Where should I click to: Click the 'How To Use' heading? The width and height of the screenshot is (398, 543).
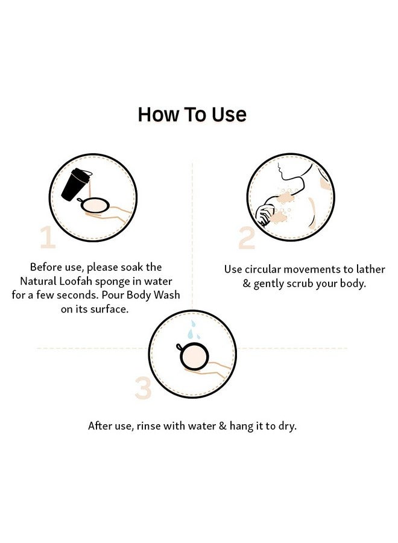[x=192, y=114]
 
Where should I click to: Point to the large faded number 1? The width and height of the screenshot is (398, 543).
[x=48, y=237]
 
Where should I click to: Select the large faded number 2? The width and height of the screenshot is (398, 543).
[x=247, y=238]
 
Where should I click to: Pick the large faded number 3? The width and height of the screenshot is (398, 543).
[x=144, y=388]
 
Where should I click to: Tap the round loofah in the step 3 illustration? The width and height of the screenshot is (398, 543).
[x=194, y=357]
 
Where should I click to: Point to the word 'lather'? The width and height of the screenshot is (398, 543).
[x=371, y=269]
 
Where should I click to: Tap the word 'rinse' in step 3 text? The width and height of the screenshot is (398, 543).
[x=149, y=425]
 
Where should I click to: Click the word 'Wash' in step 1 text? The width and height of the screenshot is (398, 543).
[x=167, y=294]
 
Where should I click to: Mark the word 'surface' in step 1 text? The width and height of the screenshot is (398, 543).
[x=109, y=309]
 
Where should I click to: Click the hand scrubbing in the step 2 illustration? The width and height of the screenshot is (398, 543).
[x=265, y=215]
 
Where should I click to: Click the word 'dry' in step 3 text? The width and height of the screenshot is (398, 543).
[x=288, y=427]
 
